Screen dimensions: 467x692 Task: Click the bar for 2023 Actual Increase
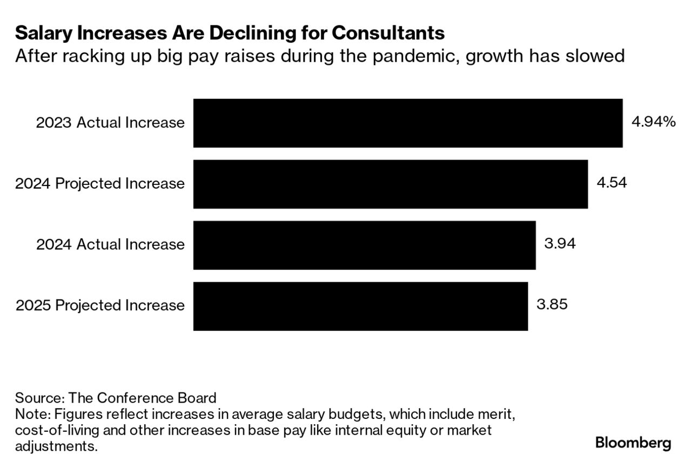coord(408,123)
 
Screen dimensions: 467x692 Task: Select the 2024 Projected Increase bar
coord(391,184)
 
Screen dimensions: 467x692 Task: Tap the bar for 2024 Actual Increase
coord(365,245)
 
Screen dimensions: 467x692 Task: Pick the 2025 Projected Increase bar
coord(360,306)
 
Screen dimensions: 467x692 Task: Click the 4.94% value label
coord(654,122)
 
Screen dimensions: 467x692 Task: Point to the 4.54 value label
coord(612,183)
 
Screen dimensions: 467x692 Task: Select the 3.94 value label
coord(560,244)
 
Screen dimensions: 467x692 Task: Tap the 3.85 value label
coord(552,305)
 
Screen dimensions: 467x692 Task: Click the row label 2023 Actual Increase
coord(110,123)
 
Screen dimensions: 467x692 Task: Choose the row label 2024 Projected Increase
coord(100,184)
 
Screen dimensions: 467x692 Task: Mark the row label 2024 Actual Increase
coord(110,245)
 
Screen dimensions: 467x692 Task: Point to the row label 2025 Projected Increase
coord(100,306)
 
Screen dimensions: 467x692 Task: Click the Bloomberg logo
coord(633,443)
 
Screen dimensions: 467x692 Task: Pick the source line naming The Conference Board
coord(116,398)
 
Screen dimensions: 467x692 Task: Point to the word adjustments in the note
coord(57,447)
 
